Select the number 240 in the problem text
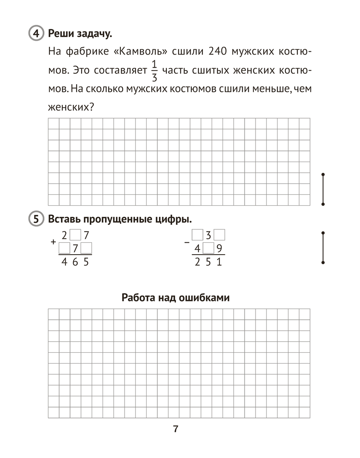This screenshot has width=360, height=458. pos(218,52)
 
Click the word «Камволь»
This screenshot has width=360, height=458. pos(141,52)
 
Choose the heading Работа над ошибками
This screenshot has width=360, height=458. pos(175,298)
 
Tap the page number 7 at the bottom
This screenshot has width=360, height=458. pos(175,429)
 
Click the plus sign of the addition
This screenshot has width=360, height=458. pos(54,241)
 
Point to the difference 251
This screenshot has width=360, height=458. pos(208,263)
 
